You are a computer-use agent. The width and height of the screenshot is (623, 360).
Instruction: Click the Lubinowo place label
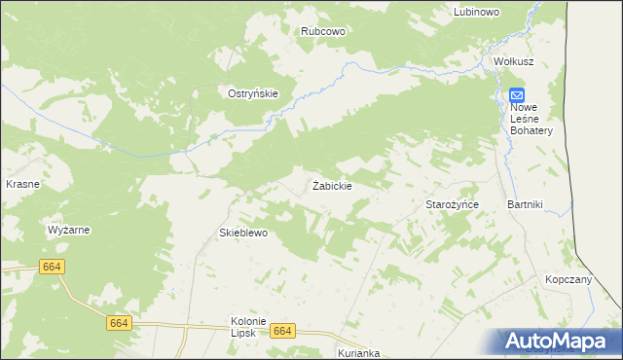click(477, 12)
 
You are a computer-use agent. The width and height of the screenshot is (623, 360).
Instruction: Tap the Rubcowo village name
click(323, 31)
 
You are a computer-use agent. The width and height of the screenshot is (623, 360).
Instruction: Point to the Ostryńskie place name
click(253, 93)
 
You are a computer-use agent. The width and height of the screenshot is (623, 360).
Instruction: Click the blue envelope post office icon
click(517, 94)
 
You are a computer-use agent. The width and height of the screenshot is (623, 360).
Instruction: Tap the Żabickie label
click(332, 185)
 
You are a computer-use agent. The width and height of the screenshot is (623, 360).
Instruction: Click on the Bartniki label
click(525, 204)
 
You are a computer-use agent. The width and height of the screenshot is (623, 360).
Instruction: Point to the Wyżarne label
click(69, 231)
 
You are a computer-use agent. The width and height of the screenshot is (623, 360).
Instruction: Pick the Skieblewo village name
click(242, 234)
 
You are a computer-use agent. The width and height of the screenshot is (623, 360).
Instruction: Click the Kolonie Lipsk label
click(248, 327)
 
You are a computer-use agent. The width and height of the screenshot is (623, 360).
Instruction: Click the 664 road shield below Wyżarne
click(53, 266)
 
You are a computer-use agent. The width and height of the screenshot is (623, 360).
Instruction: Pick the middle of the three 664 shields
click(119, 323)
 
